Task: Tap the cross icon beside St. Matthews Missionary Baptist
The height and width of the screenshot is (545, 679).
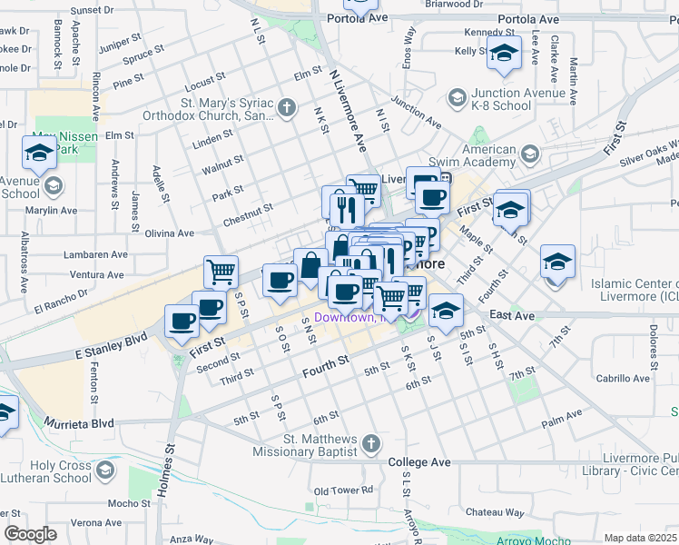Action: [370, 444]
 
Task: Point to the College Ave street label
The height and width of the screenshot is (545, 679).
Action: [419, 462]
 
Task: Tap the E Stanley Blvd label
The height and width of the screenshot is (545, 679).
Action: [112, 342]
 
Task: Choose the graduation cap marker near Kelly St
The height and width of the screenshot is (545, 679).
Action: [504, 52]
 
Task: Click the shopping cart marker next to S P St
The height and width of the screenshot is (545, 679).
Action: [221, 271]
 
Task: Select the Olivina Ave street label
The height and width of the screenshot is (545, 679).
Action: [170, 233]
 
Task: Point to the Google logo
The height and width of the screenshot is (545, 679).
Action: [30, 534]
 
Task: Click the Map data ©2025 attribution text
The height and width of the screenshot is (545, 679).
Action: [641, 538]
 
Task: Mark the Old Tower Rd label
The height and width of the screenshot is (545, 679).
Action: [343, 490]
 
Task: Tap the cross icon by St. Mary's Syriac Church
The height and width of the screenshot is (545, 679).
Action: [287, 109]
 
